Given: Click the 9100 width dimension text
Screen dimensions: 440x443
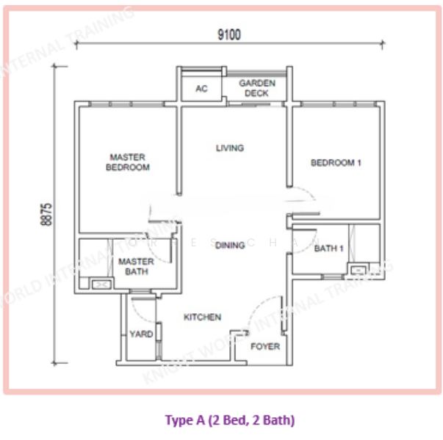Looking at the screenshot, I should click(x=228, y=34).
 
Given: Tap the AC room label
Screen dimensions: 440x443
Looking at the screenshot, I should click(x=201, y=89).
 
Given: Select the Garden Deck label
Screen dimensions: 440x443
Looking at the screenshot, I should click(x=256, y=89).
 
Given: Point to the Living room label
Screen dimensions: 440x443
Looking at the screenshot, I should click(x=229, y=148).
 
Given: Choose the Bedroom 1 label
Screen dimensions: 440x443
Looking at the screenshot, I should click(x=336, y=163).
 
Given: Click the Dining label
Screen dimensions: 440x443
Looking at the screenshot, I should click(x=230, y=246).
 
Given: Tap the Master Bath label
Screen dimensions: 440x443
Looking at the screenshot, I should click(x=136, y=267).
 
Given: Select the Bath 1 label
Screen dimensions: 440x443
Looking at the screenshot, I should click(x=328, y=249).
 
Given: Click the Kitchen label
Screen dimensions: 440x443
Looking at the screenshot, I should click(x=202, y=318).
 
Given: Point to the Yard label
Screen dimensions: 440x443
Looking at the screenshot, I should click(x=141, y=334).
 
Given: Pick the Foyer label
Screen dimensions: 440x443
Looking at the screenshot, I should click(x=265, y=346).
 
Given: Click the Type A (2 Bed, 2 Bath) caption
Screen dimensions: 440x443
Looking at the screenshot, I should click(x=230, y=420).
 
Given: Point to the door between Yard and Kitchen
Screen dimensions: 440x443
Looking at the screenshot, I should click(x=157, y=330).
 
